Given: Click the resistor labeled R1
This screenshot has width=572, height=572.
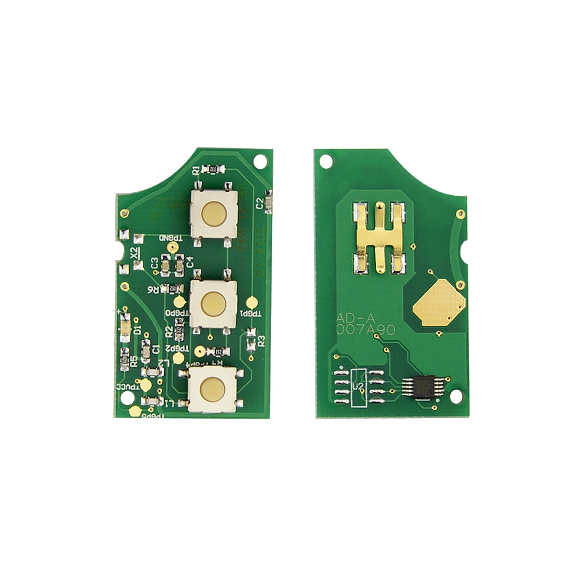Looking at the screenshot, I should (x=212, y=170).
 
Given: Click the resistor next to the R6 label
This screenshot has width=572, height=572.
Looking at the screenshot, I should (x=173, y=288).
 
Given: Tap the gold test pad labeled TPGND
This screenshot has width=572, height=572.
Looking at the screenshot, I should (x=172, y=247).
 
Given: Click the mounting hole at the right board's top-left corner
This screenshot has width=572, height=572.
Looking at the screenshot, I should (x=327, y=162).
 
